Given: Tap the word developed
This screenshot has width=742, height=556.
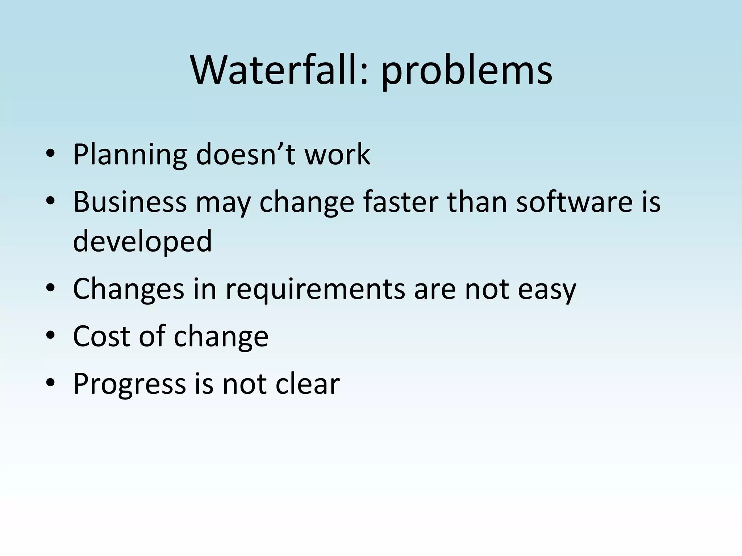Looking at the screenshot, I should coord(142,242).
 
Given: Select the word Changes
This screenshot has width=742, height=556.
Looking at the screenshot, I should coord(129,290).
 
